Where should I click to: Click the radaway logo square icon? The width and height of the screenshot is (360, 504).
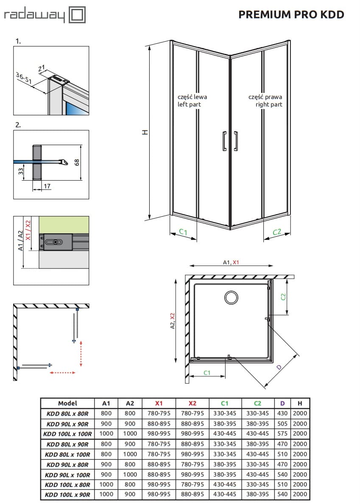78,15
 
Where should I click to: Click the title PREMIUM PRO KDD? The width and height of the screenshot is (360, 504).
291,14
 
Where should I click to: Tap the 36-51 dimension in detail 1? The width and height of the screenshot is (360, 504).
24,78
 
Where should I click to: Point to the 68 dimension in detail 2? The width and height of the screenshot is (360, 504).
77,162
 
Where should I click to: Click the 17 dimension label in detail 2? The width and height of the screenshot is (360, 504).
47,186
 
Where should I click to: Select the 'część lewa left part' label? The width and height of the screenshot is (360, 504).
192,101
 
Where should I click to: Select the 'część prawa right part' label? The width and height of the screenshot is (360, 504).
265,101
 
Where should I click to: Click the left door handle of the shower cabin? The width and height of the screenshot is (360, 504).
224,141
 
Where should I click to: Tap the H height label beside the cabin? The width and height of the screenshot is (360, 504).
145,132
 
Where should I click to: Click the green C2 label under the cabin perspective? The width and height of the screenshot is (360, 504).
277,232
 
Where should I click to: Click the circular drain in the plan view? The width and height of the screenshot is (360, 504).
231,297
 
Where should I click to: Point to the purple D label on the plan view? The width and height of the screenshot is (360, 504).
279,367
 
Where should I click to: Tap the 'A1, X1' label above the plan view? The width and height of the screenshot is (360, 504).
231,262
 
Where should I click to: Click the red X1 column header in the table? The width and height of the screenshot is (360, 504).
159,403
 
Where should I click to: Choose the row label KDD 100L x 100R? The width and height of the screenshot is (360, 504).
67,434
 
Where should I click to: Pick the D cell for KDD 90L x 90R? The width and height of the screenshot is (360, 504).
282,424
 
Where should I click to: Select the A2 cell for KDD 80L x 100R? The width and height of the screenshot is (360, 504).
130,454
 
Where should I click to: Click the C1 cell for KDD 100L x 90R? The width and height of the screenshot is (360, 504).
225,494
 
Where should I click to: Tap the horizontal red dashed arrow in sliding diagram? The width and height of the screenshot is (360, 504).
62,372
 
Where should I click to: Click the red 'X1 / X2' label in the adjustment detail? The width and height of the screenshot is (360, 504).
28,230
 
